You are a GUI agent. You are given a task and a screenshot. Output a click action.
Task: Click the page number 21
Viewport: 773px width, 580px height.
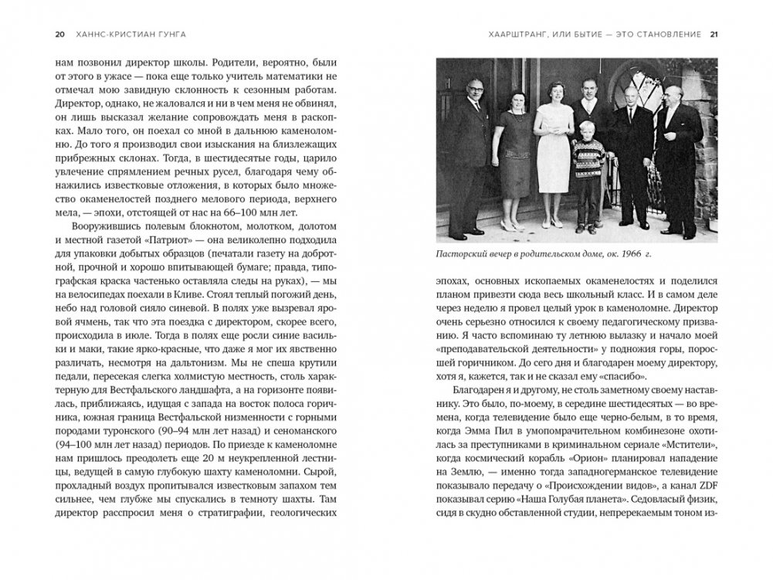714,34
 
